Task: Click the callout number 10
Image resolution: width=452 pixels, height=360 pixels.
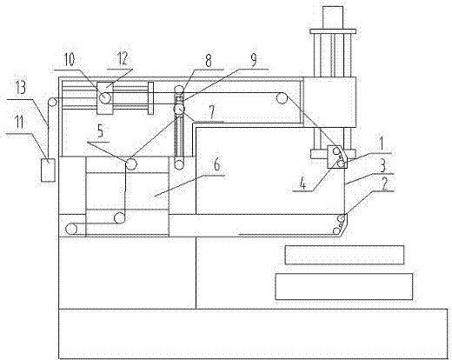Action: (x=69, y=59)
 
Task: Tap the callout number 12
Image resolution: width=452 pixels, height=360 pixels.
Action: (x=123, y=59)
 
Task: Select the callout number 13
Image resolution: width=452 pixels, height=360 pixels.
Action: (x=20, y=87)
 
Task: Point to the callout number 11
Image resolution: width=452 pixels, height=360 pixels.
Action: (x=19, y=123)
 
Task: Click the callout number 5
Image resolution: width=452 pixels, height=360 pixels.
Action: (x=100, y=131)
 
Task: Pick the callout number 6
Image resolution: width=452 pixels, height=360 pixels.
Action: (x=216, y=164)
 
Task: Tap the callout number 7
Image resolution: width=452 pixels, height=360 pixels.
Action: (x=212, y=112)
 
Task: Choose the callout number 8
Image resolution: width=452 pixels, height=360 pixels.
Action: (x=208, y=60)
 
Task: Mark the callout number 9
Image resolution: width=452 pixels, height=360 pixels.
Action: (x=253, y=60)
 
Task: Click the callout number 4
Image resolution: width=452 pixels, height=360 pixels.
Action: (x=302, y=183)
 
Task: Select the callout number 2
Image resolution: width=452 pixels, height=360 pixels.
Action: (x=385, y=183)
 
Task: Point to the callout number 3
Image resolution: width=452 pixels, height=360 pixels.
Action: (x=382, y=166)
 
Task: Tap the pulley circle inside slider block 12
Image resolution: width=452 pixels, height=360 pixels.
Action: (x=105, y=97)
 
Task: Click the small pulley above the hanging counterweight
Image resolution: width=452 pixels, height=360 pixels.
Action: (x=52, y=103)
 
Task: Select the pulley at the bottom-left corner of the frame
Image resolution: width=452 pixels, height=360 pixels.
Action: (x=71, y=229)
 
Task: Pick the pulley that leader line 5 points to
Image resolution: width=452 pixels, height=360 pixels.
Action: (x=131, y=164)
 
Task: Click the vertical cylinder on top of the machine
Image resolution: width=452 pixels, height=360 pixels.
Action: (x=333, y=17)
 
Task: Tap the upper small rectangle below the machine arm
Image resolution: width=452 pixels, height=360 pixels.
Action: (x=344, y=255)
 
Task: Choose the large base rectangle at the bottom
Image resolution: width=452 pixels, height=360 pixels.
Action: (x=253, y=334)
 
